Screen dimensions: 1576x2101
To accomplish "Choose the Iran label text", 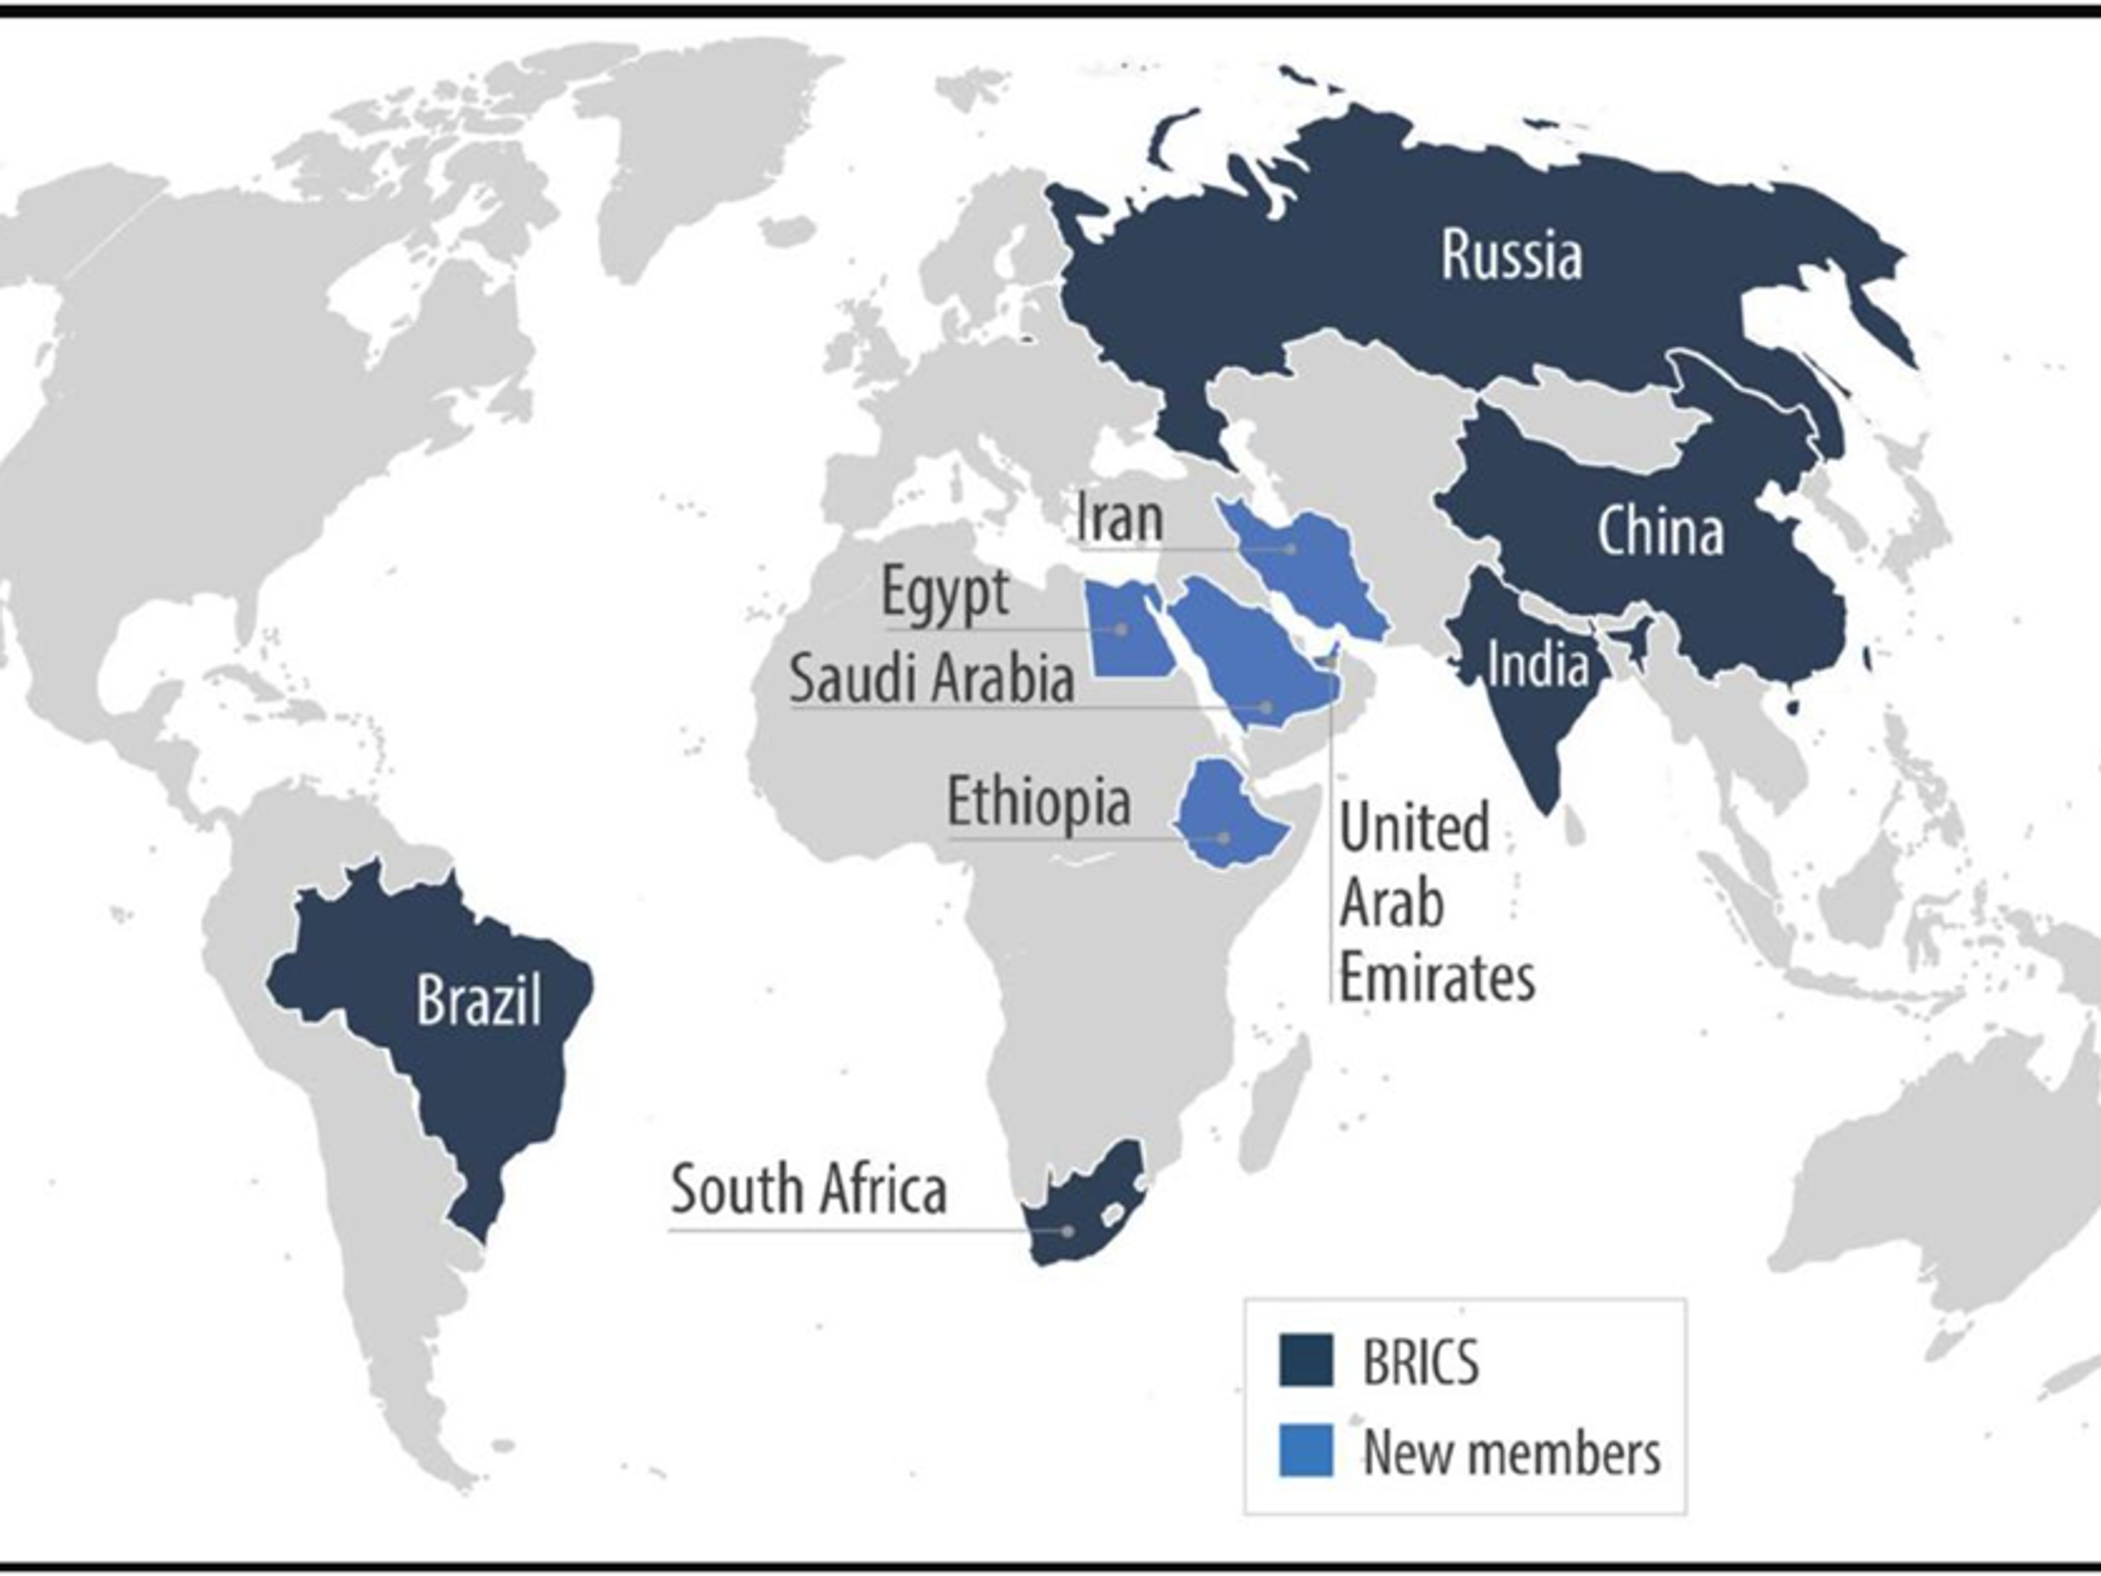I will tap(1120, 519).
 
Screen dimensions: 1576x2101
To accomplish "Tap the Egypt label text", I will tap(945, 593).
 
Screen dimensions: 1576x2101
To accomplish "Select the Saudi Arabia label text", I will tap(932, 679).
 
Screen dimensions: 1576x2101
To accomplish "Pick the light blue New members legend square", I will tap(1306, 1451).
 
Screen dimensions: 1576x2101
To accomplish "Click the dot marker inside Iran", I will tap(1291, 549).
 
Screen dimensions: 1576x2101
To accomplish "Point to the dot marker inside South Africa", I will tap(1067, 1231).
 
